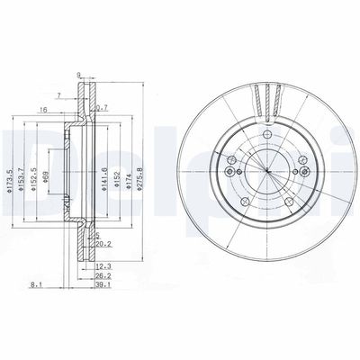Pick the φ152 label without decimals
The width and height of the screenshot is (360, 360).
(x=118, y=169)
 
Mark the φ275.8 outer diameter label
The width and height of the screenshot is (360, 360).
(x=140, y=167)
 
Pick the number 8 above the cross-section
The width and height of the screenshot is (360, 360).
(x=78, y=76)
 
